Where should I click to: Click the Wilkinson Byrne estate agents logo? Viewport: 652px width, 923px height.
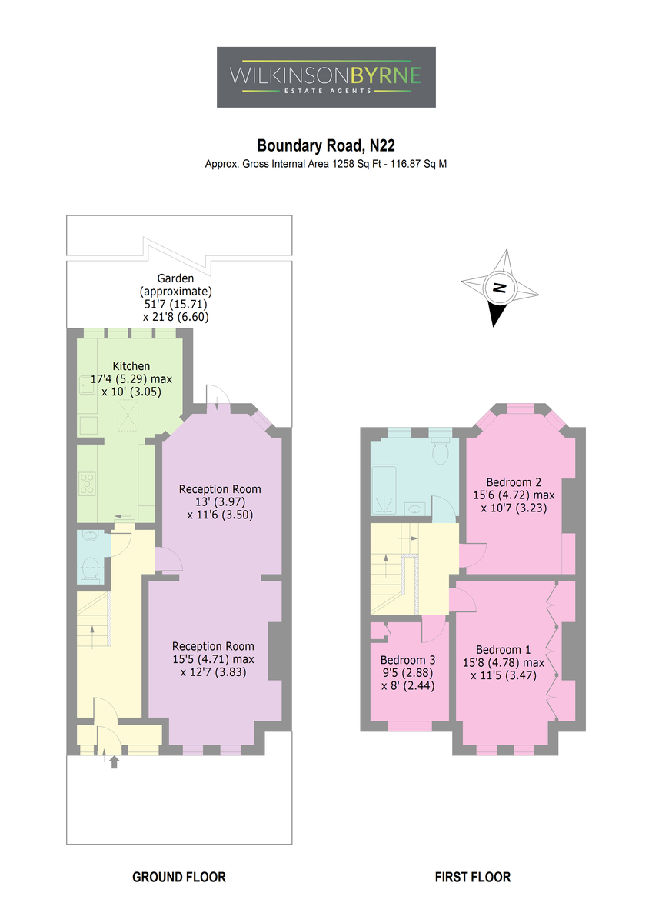(326, 77)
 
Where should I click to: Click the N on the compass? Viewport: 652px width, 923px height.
(499, 287)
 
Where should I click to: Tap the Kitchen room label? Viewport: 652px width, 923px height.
(131, 365)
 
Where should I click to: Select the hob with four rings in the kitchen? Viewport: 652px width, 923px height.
(88, 483)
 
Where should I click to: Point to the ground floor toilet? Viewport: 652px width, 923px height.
(90, 570)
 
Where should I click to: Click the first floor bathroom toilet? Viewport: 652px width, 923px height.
(441, 451)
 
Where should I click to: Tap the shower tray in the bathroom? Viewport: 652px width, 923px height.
(384, 490)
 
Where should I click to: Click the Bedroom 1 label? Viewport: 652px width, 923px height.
(504, 650)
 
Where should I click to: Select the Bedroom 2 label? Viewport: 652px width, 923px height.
(514, 482)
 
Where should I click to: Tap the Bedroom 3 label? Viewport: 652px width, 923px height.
(407, 660)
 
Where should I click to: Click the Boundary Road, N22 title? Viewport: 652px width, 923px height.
(326, 145)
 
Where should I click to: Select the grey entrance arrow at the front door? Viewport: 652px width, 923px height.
(114, 762)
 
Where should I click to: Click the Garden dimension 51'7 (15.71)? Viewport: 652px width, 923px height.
(175, 304)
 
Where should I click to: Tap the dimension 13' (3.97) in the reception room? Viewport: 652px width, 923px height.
(221, 501)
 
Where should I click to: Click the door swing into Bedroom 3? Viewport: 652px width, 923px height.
(434, 629)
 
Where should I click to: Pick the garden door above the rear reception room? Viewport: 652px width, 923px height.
(218, 397)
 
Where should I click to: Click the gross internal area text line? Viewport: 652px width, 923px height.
(326, 164)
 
